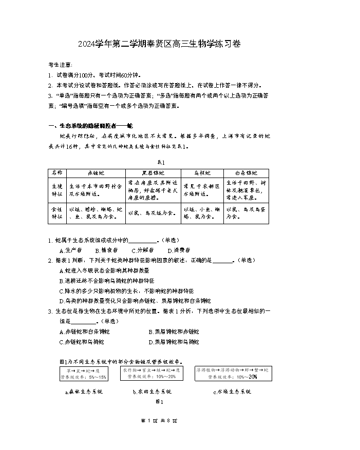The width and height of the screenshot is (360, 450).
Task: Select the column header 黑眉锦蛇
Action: pos(154,173)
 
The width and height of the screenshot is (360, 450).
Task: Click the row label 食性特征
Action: pos(56,213)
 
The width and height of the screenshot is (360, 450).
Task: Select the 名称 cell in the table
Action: pos(56,173)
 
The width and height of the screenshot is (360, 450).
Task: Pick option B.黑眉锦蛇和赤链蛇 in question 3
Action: pos(174,331)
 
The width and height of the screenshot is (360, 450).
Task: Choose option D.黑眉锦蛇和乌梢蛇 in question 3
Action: pos(174,342)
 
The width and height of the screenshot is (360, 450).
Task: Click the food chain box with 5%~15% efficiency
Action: pos(83,374)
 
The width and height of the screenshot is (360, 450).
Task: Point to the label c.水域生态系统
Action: pos(232,392)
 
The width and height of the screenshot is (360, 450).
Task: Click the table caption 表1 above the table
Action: pos(159,160)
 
